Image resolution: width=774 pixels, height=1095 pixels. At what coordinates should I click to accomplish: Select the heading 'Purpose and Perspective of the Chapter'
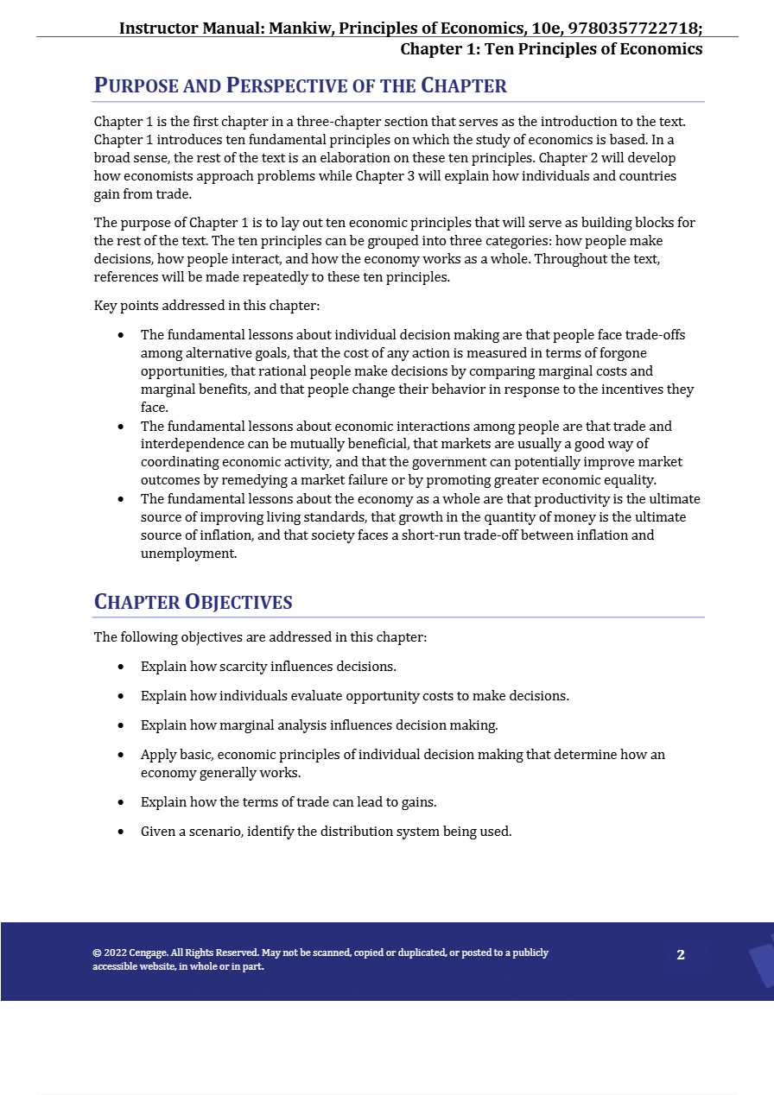point(300,85)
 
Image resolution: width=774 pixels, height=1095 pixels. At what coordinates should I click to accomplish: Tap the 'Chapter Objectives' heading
point(193,602)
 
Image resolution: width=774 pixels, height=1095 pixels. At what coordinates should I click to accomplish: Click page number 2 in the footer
point(681,954)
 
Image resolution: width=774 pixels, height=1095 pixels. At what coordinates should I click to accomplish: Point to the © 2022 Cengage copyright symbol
point(97,953)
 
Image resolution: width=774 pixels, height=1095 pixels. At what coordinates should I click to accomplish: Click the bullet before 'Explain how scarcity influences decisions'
point(121,667)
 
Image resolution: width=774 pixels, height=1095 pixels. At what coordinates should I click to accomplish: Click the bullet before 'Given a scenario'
point(121,832)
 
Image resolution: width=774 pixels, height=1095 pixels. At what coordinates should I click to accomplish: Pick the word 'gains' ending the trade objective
point(418,802)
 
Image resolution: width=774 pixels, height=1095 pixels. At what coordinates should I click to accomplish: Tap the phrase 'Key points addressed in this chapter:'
point(207,306)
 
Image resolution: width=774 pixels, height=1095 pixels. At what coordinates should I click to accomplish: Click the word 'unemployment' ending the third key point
point(187,554)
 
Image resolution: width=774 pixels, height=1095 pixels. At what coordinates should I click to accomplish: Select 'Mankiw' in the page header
point(300,28)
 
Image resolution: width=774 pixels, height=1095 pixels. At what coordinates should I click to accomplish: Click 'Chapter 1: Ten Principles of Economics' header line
point(550,48)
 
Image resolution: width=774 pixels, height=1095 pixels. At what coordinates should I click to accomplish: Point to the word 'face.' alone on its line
point(155,408)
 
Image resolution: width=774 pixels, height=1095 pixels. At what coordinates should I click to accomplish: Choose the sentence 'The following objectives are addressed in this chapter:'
point(260,637)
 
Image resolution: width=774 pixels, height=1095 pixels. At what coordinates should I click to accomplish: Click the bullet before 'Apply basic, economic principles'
point(121,755)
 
